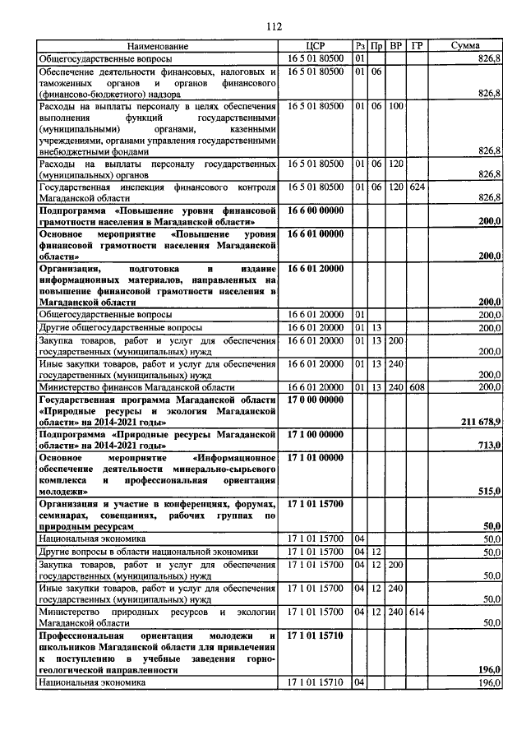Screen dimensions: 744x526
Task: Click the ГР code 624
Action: tap(417, 187)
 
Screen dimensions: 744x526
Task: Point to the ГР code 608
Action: tap(417, 386)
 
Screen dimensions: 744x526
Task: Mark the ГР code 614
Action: tap(417, 612)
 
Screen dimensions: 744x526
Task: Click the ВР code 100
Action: tap(396, 107)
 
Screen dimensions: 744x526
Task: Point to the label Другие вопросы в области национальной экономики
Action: tap(149, 552)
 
